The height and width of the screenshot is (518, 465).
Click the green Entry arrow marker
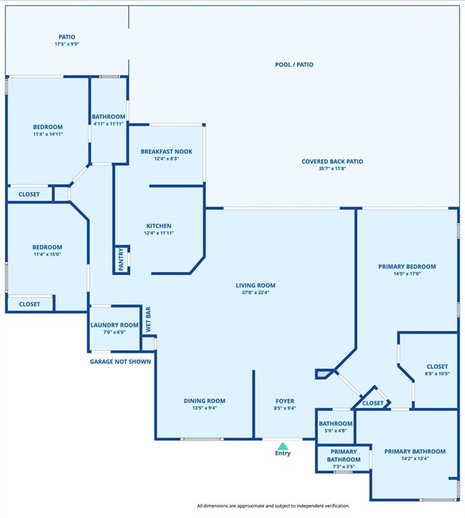(x=283, y=445)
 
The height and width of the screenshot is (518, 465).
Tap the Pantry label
(x=121, y=260)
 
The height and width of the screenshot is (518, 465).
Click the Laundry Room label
(x=115, y=325)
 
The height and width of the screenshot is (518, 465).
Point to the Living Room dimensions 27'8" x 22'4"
(x=255, y=293)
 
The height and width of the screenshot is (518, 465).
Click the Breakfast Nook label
(x=167, y=152)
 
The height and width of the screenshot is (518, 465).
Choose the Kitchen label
(x=159, y=226)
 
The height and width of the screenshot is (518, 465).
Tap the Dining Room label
(x=204, y=401)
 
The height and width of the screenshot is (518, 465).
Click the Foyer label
(x=285, y=401)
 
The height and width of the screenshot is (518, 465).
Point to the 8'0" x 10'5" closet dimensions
(x=437, y=374)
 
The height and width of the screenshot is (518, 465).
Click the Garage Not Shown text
(x=121, y=362)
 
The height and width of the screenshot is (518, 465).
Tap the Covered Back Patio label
(x=332, y=162)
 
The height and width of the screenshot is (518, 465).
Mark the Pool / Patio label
(x=294, y=65)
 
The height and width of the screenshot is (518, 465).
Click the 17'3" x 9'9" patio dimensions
(x=67, y=44)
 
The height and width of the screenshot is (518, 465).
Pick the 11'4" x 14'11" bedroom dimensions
(x=48, y=134)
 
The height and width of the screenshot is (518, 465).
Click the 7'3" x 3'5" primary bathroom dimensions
(x=344, y=467)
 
